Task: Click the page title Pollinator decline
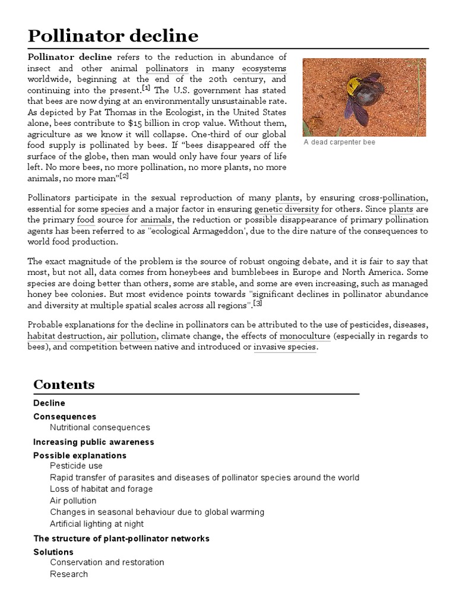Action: point(113,36)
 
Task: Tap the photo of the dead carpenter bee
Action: point(364,97)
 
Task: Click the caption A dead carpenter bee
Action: point(339,142)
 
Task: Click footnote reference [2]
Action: point(123,176)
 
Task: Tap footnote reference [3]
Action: point(258,303)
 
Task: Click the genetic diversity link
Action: point(287,209)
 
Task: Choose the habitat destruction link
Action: point(64,336)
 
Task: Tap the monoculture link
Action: point(305,336)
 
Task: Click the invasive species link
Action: point(285,347)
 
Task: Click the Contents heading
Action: point(64,384)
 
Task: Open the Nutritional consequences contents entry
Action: point(100,427)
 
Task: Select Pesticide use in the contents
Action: point(76,466)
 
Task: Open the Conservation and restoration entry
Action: point(107,562)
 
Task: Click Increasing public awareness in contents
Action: point(93,442)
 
